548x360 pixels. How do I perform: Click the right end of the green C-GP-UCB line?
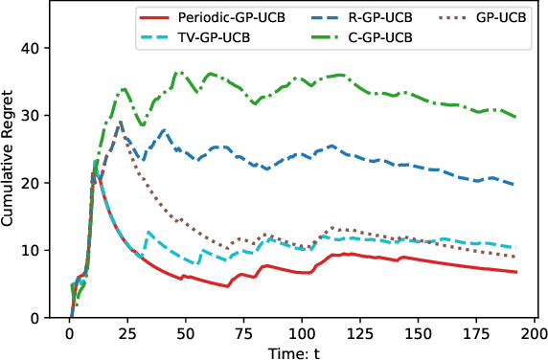point(516,117)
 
